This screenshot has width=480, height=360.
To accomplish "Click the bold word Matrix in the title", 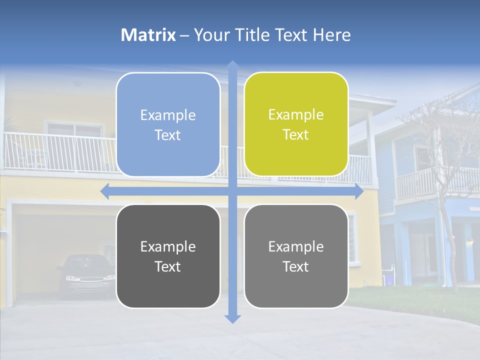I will click(148, 35).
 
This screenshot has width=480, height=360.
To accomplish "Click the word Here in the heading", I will click(331, 35).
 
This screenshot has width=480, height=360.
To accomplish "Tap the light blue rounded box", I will click(168, 124).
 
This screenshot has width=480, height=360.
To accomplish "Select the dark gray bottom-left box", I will click(168, 256).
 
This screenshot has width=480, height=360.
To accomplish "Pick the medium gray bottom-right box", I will click(296, 256).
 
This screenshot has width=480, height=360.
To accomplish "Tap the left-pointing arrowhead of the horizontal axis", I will click(104, 191).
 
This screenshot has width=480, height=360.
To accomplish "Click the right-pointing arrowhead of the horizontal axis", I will click(359, 191).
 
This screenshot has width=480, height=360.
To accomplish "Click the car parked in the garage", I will click(86, 275).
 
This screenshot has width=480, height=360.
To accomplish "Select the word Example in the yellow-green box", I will click(296, 114).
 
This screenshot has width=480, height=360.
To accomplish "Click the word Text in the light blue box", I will click(168, 135).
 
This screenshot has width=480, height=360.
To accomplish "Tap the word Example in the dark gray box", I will click(168, 246).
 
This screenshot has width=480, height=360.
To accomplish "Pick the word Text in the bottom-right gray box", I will click(296, 266).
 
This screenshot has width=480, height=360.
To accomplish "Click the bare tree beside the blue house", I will click(440, 150).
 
